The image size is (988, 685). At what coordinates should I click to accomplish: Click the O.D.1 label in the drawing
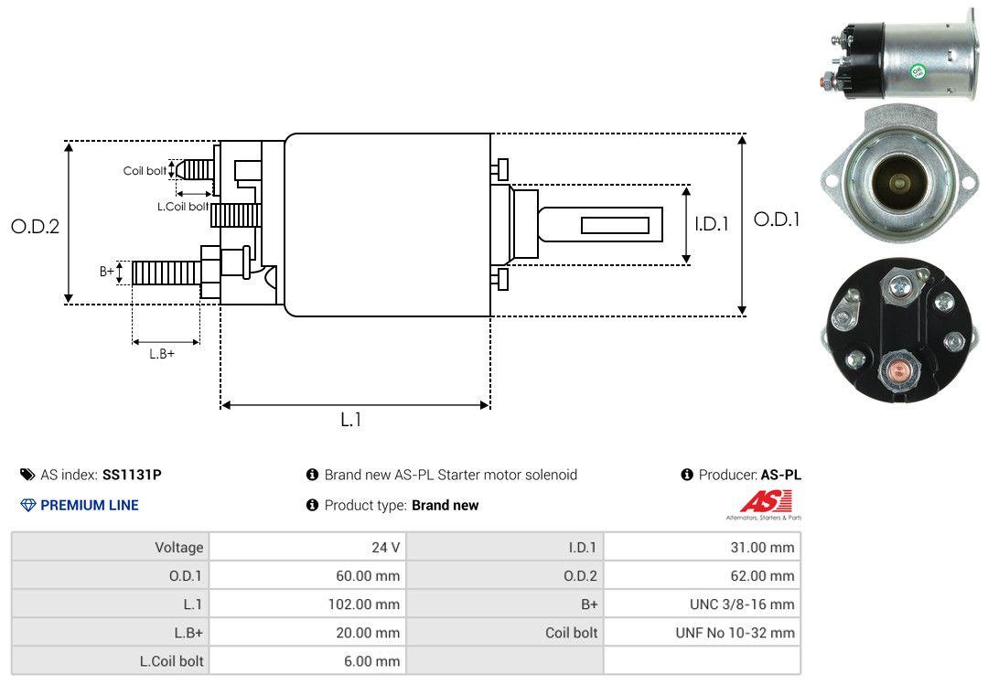point(776,219)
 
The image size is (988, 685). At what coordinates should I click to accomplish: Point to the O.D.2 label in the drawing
point(35,227)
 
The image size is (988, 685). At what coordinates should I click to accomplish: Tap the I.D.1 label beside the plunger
point(711,223)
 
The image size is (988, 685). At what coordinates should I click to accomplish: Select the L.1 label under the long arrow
point(351,420)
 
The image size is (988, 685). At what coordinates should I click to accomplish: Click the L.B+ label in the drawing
point(162,353)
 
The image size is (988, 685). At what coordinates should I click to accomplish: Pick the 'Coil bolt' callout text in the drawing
point(145,171)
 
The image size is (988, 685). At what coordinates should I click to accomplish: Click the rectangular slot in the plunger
point(615,225)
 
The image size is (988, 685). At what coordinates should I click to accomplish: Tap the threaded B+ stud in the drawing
point(165,273)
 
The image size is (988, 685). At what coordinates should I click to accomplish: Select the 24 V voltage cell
point(385,547)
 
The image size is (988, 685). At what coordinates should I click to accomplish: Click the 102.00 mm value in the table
point(364,604)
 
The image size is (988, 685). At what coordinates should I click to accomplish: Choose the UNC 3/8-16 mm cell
point(742,604)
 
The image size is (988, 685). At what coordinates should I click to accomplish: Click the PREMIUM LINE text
point(89,505)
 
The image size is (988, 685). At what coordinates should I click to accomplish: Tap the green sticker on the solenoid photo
point(918,70)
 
